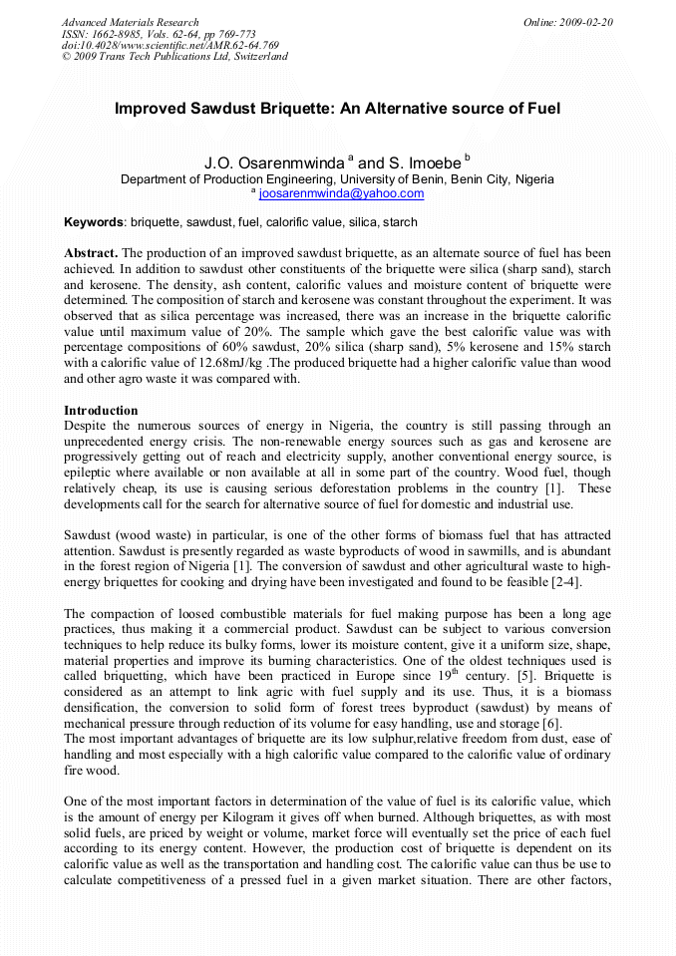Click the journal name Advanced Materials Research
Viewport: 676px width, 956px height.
tap(131, 22)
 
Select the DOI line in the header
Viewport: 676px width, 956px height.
tap(169, 45)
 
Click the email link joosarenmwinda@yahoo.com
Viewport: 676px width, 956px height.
tap(327, 193)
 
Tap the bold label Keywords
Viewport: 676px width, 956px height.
tap(95, 222)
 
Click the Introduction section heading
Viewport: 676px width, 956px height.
tap(101, 411)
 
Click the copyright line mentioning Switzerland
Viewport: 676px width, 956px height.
tap(174, 57)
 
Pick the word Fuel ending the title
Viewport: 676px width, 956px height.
tap(540, 108)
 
